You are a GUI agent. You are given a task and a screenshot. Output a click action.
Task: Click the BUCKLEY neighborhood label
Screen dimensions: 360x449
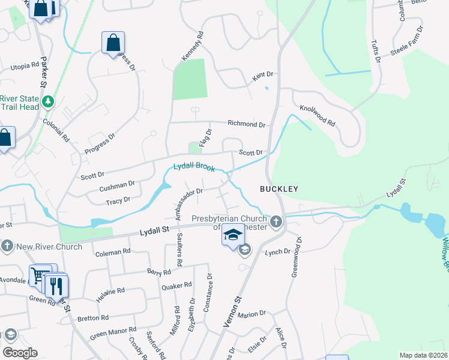(279, 188)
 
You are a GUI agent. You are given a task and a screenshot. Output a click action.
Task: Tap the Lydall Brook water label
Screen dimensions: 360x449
(194, 167)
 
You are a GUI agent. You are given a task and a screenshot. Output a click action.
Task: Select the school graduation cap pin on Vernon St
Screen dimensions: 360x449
(234, 236)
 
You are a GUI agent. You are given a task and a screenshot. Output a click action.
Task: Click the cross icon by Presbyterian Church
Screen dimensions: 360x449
(276, 223)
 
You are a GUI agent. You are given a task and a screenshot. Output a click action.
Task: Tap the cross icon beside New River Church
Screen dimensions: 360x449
(7, 246)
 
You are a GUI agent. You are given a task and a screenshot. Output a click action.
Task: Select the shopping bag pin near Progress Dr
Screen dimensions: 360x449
(113, 43)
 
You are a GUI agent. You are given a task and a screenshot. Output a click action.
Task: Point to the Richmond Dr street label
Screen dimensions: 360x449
(246, 124)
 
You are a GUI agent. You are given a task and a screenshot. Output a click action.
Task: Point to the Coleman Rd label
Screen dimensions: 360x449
(112, 252)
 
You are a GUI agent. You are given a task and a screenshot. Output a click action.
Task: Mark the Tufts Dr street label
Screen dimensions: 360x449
(376, 50)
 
